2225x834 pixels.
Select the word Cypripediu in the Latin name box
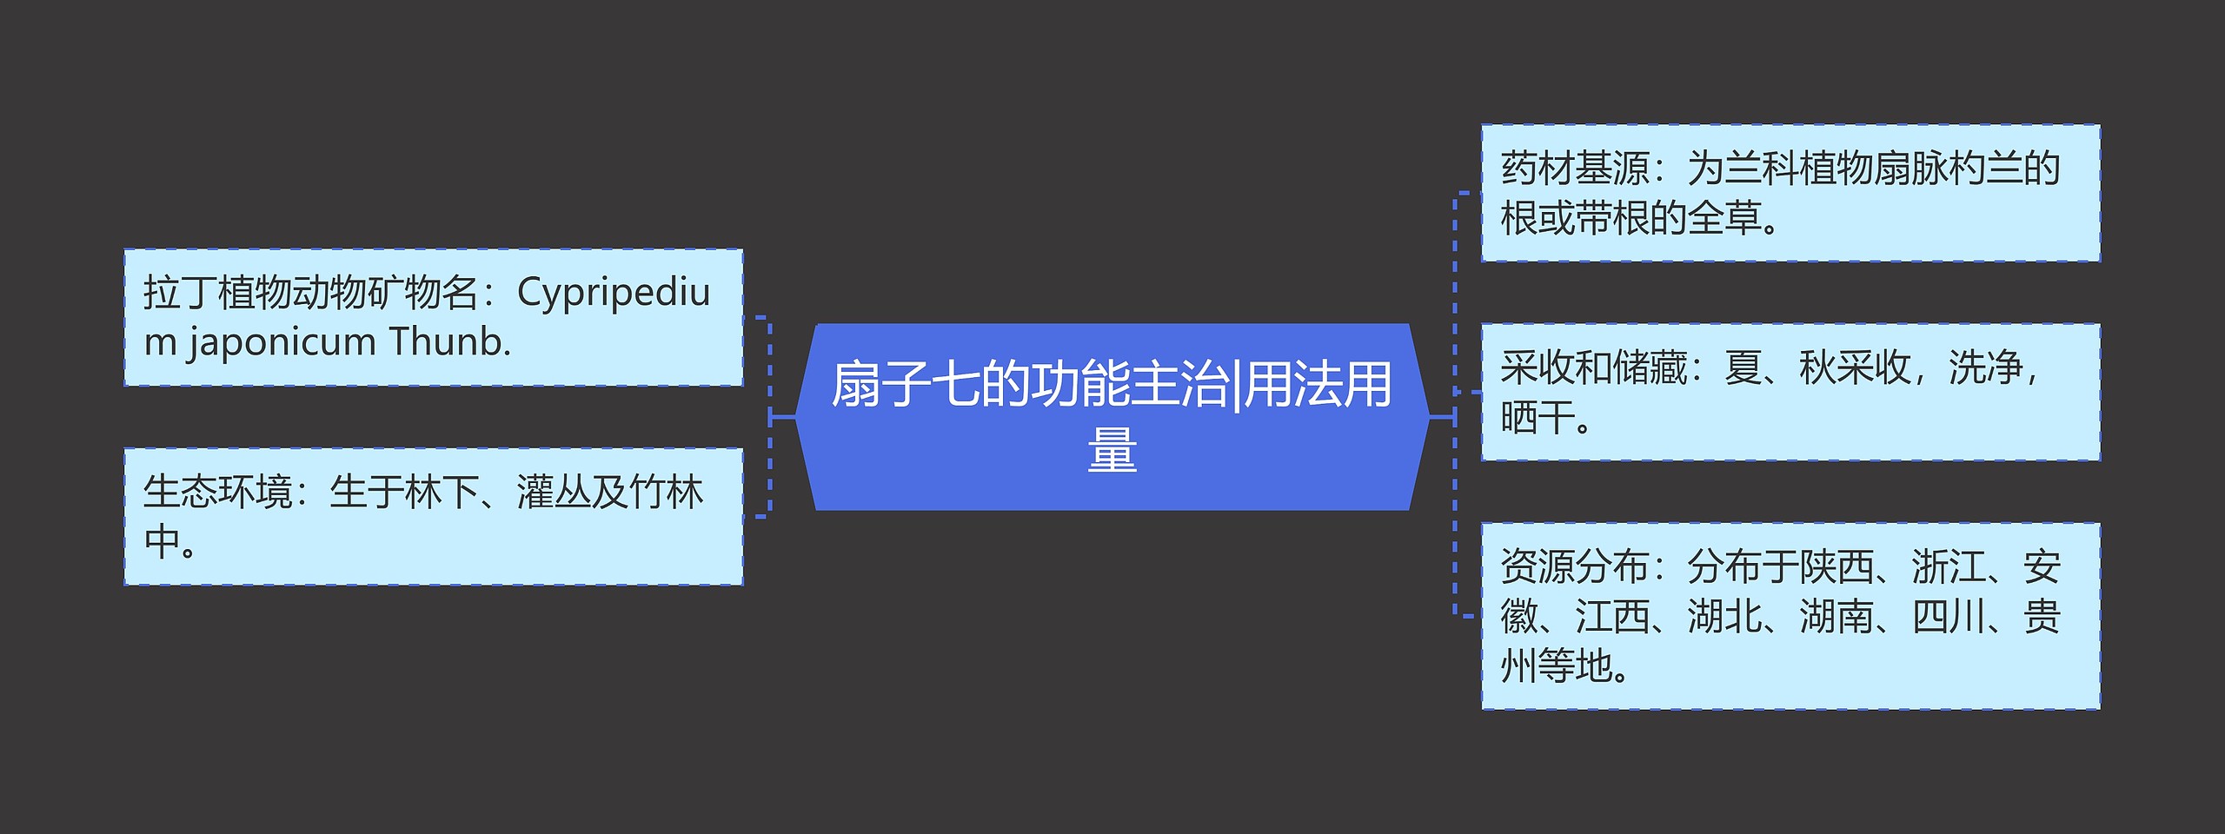click(614, 294)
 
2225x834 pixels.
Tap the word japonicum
click(282, 342)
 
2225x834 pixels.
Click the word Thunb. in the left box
click(449, 342)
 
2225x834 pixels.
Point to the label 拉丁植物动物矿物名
click(310, 294)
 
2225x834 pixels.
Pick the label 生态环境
click(217, 493)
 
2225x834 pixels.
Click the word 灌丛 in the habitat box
click(554, 493)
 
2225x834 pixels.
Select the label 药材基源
click(1575, 169)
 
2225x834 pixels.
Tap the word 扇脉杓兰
click(1947, 169)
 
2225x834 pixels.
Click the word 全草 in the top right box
click(1724, 218)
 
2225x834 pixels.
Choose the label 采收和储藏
click(1593, 368)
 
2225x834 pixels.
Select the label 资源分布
click(1575, 567)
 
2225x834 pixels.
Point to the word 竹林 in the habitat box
click(666, 493)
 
